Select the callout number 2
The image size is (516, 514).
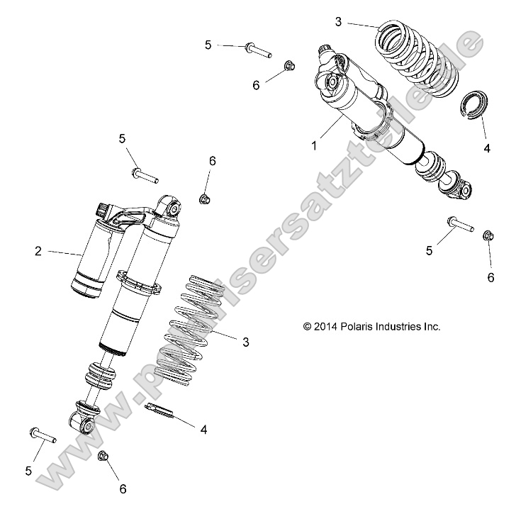pyautogui.click(x=38, y=250)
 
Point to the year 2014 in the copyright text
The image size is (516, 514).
pyautogui.click(x=324, y=326)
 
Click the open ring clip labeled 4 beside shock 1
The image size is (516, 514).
pyautogui.click(x=472, y=106)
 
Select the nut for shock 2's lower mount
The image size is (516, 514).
pyautogui.click(x=102, y=456)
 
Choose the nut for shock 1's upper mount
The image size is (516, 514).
pyautogui.click(x=289, y=67)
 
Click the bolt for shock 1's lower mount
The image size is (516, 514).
pyautogui.click(x=460, y=225)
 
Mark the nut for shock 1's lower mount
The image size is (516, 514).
pyautogui.click(x=488, y=235)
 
